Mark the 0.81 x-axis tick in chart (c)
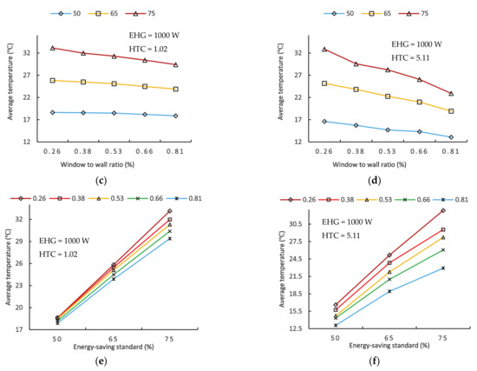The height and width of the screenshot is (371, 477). (x=175, y=150)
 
